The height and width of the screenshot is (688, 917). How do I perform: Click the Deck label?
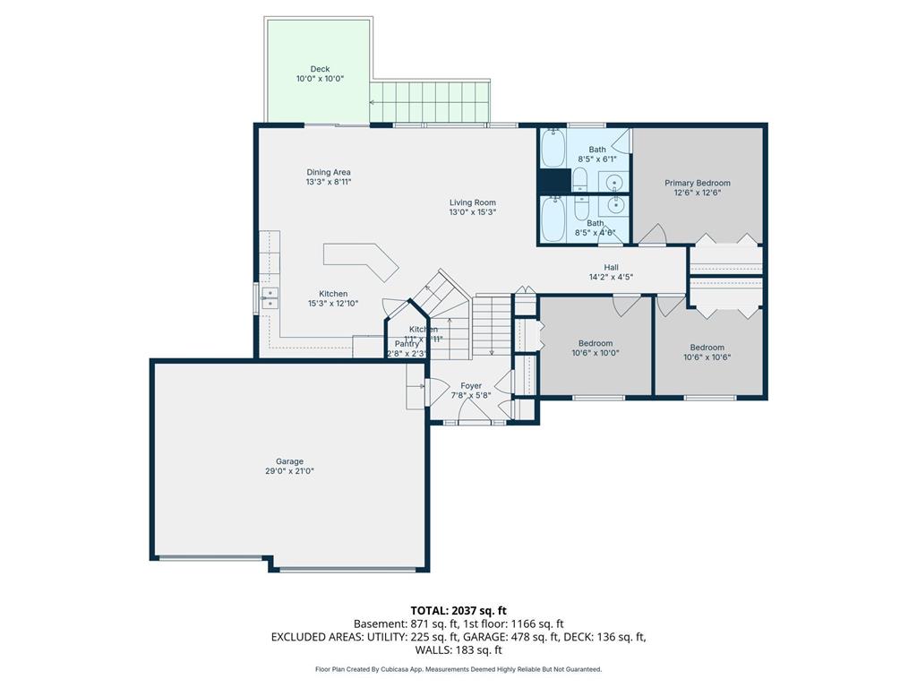(x=320, y=69)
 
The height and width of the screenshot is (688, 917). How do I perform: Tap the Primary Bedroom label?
(x=697, y=183)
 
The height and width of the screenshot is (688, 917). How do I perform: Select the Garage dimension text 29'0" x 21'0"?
(x=289, y=470)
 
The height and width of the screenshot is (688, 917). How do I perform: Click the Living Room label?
(x=472, y=202)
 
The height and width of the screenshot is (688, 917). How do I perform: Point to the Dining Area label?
(x=329, y=172)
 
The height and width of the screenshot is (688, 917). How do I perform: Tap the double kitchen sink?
(x=270, y=297)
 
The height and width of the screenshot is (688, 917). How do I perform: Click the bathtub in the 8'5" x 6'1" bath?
(x=553, y=149)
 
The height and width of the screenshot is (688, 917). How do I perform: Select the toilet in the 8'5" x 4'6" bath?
(x=579, y=210)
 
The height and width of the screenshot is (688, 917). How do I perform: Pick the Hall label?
(x=611, y=267)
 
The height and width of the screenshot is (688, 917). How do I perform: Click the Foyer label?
(x=471, y=385)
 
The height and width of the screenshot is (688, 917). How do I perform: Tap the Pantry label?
(x=407, y=343)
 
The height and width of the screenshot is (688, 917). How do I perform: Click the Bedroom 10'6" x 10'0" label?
(x=595, y=343)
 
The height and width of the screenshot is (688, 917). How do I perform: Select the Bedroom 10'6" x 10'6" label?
(x=707, y=348)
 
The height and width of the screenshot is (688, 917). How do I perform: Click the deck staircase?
(x=430, y=99)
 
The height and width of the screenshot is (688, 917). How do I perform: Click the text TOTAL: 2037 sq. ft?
(x=458, y=611)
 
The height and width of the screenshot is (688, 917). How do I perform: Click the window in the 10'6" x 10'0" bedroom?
(x=598, y=397)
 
